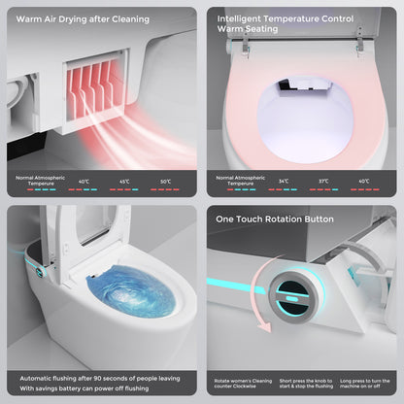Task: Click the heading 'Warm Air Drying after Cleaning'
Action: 83,18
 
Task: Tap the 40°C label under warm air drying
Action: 84,181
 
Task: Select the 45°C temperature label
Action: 124,181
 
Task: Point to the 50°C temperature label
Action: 164,181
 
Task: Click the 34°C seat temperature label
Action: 284,181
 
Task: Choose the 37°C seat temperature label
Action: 323,181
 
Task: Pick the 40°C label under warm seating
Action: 363,181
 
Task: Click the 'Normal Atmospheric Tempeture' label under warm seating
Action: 241,181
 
